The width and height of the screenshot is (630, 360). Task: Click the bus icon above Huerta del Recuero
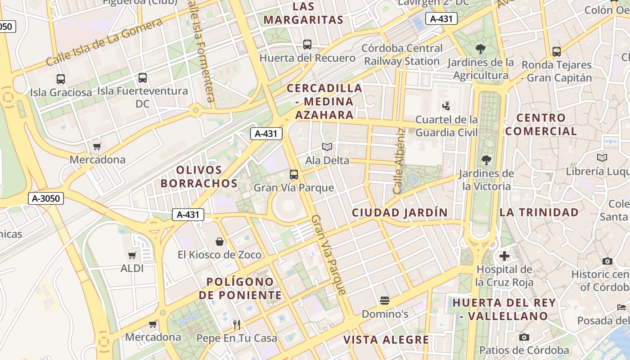[307, 45]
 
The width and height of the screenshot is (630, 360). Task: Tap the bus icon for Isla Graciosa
[61, 79]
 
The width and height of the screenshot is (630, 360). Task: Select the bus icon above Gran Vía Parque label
[294, 175]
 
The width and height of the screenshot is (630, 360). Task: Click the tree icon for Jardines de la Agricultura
[481, 49]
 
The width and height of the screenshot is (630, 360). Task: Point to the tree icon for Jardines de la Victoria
[486, 160]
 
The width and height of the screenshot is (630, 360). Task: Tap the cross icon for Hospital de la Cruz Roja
[504, 256]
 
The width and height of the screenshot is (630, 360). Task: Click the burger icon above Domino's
[384, 300]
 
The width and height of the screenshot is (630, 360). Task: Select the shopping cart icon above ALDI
[132, 255]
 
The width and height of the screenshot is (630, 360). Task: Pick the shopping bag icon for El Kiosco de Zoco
[220, 242]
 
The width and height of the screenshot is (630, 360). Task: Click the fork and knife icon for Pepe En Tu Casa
[237, 324]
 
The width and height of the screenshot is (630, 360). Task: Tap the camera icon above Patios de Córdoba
[524, 337]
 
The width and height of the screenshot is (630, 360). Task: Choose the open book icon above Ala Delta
[327, 147]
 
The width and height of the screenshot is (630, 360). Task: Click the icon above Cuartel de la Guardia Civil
[446, 106]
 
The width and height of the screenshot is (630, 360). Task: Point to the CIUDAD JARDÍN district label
[400, 213]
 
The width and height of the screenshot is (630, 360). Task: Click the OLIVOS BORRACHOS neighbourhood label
[199, 177]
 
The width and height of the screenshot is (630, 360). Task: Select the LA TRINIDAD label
[539, 212]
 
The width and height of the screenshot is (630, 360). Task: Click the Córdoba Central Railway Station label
[402, 54]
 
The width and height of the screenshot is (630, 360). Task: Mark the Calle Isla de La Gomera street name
[104, 42]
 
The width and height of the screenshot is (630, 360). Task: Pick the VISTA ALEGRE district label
[386, 340]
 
